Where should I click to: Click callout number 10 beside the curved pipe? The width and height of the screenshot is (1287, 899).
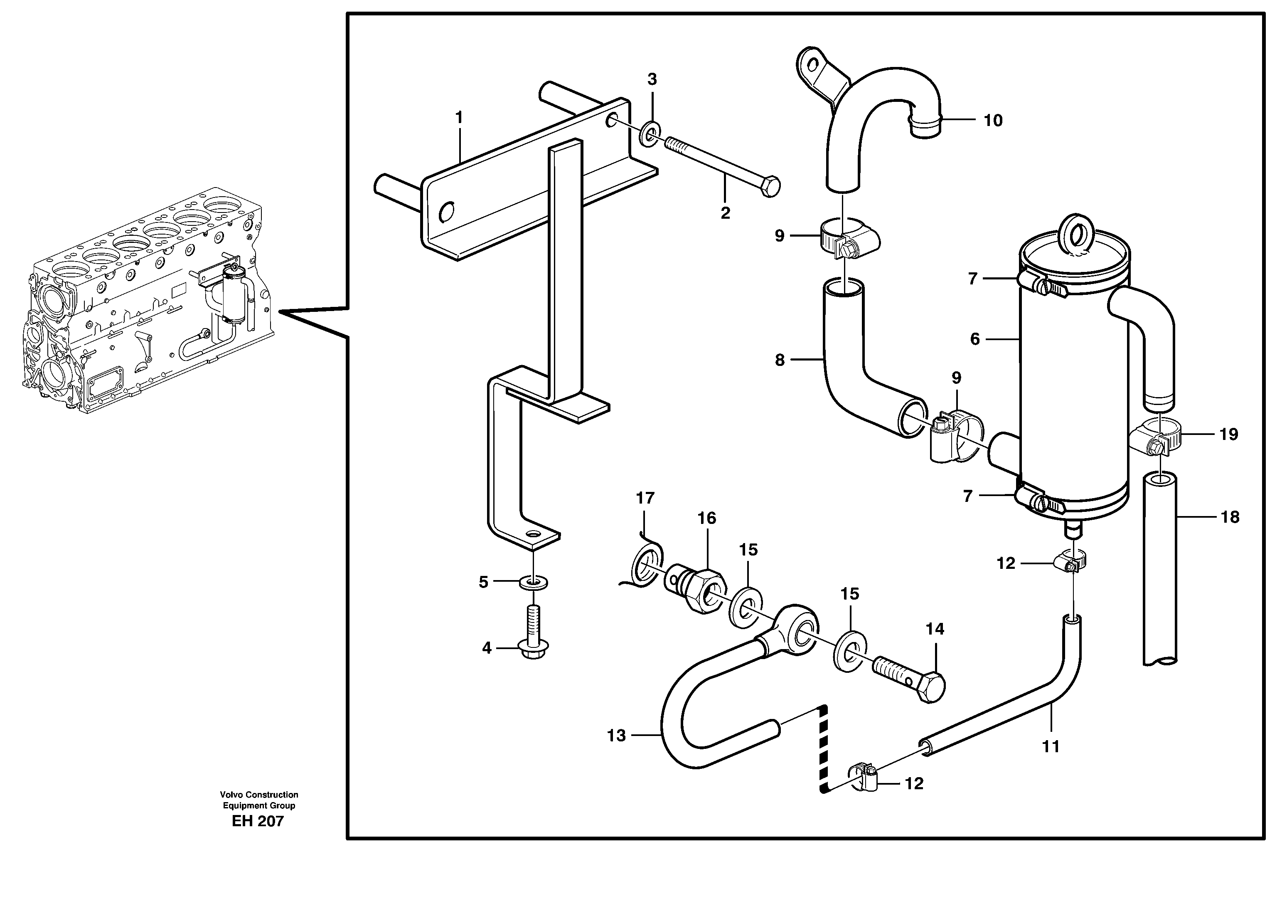tap(993, 121)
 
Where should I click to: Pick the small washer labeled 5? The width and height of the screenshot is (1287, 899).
tap(533, 583)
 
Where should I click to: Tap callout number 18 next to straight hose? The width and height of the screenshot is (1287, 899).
tap(1230, 517)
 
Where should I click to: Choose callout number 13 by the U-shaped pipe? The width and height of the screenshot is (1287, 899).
tap(616, 735)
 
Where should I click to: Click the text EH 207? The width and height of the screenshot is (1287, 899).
tap(258, 822)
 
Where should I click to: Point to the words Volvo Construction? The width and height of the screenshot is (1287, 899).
tap(259, 795)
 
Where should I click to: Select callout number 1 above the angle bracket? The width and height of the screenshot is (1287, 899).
tap(459, 118)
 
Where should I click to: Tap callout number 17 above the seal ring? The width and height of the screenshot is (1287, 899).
tap(645, 498)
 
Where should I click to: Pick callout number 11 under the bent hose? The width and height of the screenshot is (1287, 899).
tap(1051, 746)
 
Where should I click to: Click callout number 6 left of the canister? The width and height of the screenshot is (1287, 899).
tap(975, 339)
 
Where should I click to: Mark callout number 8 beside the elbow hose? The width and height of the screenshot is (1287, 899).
tap(780, 360)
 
